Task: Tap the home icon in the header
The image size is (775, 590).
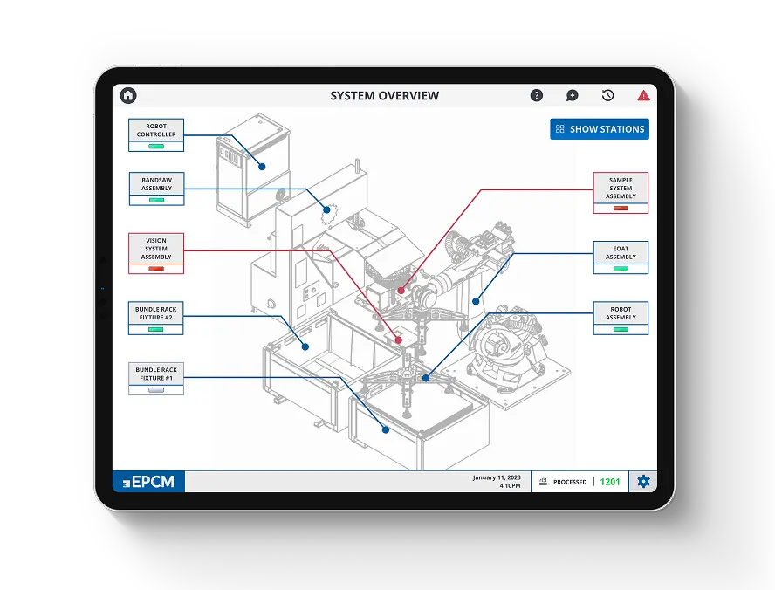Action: (x=128, y=95)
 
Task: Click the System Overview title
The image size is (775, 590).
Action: (x=384, y=95)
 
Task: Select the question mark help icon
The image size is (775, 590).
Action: (x=537, y=95)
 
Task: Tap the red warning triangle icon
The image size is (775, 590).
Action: (x=643, y=95)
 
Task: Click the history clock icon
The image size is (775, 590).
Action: (x=608, y=95)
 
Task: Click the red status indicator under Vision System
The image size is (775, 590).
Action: (x=156, y=269)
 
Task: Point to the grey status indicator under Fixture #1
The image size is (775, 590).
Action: (x=156, y=390)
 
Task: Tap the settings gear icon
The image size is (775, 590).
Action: (x=643, y=481)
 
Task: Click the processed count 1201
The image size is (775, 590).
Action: (x=610, y=482)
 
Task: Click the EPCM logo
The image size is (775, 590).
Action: (x=148, y=482)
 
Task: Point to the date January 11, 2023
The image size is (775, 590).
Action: (x=497, y=477)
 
